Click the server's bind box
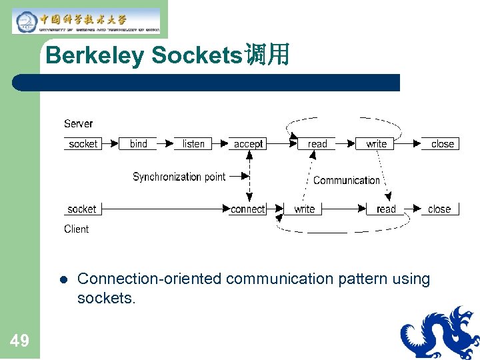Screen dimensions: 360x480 pos(138,143)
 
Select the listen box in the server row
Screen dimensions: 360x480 pos(193,143)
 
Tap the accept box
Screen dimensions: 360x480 pos(248,143)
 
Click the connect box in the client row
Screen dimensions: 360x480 pos(247,209)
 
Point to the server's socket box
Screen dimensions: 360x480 pos(83,143)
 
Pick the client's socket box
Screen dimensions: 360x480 pos(82,209)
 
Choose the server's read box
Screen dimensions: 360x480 pos(317,143)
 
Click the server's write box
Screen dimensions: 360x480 pos(376,143)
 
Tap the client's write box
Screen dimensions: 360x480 pos(304,209)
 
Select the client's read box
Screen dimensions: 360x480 pos(386,209)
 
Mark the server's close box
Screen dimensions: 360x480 pos(442,143)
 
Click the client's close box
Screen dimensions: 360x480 pos(439,209)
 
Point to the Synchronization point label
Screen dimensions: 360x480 pos(179,177)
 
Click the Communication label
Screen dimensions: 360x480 pos(346,180)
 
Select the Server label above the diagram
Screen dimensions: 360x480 pos(78,123)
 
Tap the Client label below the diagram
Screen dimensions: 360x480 pos(76,229)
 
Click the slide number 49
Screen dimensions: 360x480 pos(19,341)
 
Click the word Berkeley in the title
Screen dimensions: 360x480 pos(94,55)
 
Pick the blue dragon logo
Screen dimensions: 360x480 pos(440,333)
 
